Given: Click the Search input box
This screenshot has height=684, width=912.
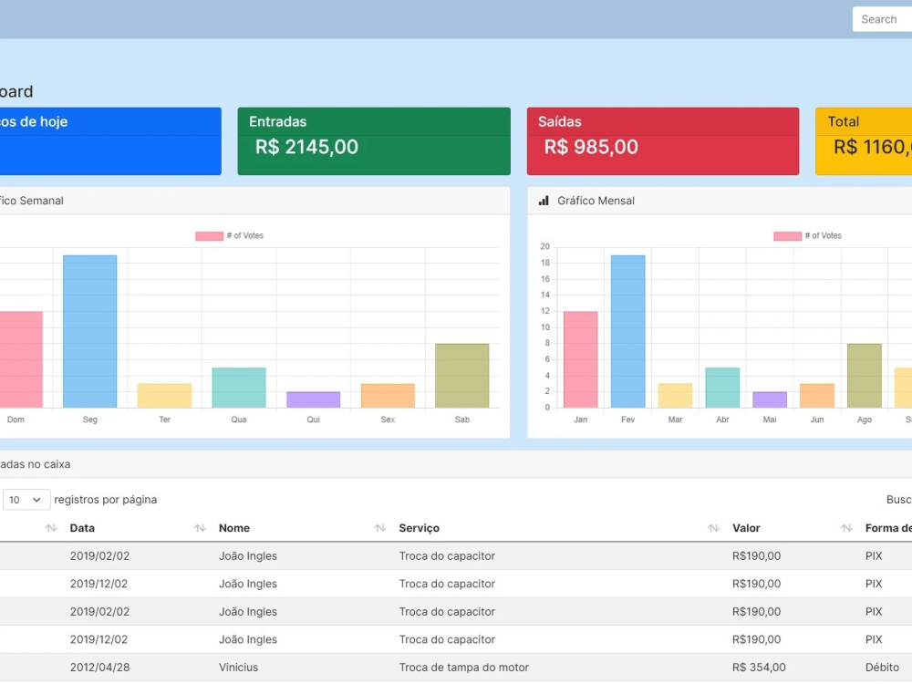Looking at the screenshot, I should click(x=881, y=19).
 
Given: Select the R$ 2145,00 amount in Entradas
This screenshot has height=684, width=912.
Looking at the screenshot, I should click(x=306, y=147).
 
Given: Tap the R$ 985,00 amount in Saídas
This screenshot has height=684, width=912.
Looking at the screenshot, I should click(x=591, y=147).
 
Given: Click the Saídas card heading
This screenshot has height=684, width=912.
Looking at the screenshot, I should click(x=559, y=121).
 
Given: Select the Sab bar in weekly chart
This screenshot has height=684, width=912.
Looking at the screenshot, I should click(x=461, y=376).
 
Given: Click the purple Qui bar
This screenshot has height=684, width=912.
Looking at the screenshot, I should click(x=313, y=399).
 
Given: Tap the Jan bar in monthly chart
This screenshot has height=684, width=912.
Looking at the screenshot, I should click(x=580, y=359).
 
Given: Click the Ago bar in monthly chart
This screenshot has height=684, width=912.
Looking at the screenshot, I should click(x=864, y=376).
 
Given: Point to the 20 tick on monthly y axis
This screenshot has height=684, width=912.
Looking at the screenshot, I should click(x=544, y=246).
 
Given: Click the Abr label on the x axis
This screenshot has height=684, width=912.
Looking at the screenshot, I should click(x=722, y=420).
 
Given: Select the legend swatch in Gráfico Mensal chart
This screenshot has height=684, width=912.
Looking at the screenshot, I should click(x=787, y=236).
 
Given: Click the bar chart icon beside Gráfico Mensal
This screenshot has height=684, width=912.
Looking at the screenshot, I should click(x=544, y=201).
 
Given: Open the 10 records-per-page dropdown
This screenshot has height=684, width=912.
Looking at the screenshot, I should click(x=26, y=500).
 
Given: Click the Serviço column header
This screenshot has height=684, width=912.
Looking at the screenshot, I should click(x=419, y=528).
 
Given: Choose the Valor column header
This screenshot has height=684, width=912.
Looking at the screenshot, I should click(x=746, y=528).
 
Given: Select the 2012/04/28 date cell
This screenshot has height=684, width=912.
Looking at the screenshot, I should click(x=99, y=668).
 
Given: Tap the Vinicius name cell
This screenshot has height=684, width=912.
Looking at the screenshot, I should click(x=238, y=668).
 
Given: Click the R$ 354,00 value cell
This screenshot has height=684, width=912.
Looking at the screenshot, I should click(x=759, y=668).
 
